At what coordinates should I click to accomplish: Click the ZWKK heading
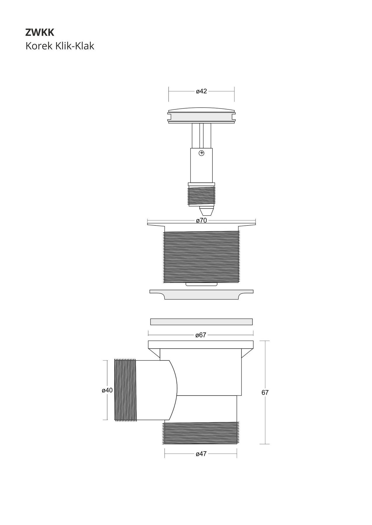click(40, 33)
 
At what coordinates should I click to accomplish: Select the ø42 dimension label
click(201, 91)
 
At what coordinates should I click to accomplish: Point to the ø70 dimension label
click(201, 220)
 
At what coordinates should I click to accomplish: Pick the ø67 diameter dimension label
click(201, 335)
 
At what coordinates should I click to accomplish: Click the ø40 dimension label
click(107, 390)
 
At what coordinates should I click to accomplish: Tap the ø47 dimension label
click(201, 454)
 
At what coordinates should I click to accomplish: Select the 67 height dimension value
click(265, 393)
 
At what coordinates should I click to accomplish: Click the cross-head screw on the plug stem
click(201, 153)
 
